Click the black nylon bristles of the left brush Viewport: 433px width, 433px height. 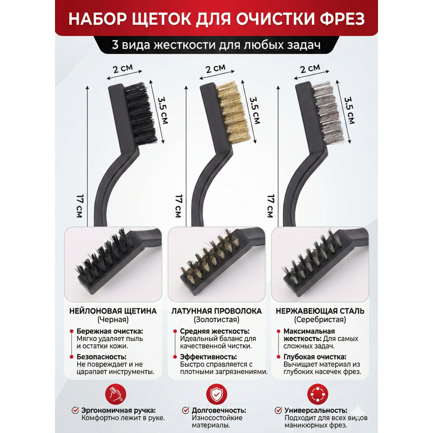[x=141, y=113]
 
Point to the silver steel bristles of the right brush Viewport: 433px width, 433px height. [x=328, y=113]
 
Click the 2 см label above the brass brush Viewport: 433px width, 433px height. [x=216, y=68]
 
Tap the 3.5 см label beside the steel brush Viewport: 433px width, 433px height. [x=349, y=110]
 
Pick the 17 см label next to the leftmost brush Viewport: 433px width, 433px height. [x=80, y=206]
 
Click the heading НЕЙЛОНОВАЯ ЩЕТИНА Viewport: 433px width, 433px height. [x=113, y=311]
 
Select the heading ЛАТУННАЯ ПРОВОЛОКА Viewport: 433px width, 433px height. [x=216, y=311]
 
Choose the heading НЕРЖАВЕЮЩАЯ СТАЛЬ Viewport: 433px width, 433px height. [x=320, y=311]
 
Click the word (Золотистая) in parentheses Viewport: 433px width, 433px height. [x=216, y=320]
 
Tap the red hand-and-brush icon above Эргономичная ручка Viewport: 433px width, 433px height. [x=116, y=394]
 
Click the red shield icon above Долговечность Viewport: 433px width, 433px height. [x=217, y=394]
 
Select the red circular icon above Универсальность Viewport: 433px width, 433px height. [x=318, y=394]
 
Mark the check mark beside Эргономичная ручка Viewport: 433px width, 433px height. [x=75, y=410]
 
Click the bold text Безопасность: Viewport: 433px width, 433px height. [x=102, y=357]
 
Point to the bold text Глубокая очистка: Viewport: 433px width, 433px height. [x=315, y=357]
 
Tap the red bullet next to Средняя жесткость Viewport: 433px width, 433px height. [x=175, y=331]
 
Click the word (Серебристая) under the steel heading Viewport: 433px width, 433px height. [x=320, y=320]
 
